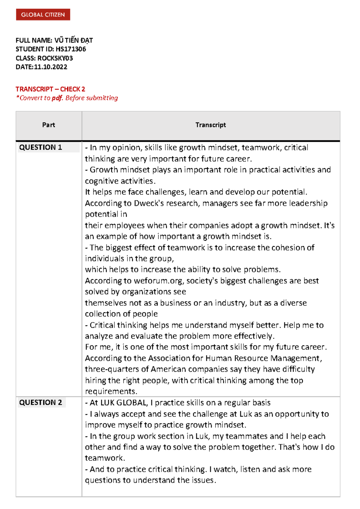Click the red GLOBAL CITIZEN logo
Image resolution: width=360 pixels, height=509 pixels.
(x=43, y=15)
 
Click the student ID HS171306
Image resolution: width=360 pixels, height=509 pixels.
(x=71, y=49)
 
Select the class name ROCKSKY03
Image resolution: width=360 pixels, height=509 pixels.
(x=55, y=58)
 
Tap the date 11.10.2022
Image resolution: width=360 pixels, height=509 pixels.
(x=50, y=67)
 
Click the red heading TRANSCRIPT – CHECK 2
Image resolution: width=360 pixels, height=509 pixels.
(x=50, y=89)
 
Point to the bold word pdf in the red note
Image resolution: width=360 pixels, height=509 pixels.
(x=57, y=98)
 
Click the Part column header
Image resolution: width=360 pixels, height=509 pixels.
(x=49, y=125)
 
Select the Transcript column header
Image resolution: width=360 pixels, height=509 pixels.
(x=211, y=125)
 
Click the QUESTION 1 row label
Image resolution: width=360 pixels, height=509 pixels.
(x=40, y=147)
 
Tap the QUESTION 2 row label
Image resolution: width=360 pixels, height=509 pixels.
(x=40, y=403)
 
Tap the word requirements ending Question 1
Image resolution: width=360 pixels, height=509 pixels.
(x=111, y=391)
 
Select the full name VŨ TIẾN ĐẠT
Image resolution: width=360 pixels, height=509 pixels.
(x=73, y=40)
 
